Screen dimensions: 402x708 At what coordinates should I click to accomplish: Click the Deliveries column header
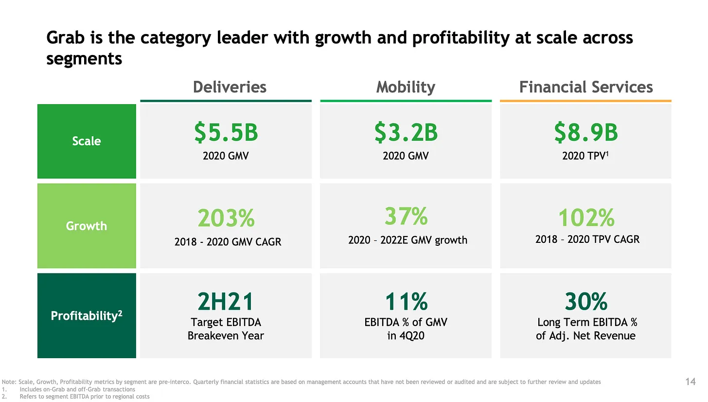click(230, 87)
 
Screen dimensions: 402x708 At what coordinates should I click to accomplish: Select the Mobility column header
click(406, 87)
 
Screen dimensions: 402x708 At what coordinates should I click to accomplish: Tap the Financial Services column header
click(585, 87)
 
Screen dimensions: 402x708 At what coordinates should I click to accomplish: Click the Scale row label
click(87, 141)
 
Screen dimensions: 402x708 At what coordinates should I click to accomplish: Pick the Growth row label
click(87, 226)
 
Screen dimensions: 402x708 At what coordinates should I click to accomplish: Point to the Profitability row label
click(87, 315)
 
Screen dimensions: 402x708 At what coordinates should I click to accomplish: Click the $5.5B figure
click(226, 133)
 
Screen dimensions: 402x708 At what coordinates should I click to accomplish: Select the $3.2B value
click(406, 133)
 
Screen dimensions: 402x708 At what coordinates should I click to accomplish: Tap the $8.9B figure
click(585, 133)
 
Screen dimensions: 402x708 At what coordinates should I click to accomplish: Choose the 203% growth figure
click(226, 219)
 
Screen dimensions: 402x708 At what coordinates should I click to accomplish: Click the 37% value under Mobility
click(406, 216)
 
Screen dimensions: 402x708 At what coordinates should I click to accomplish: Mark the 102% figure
click(585, 218)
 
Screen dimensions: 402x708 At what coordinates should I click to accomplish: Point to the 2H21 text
click(226, 302)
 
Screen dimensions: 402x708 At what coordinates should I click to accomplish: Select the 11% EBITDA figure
click(406, 302)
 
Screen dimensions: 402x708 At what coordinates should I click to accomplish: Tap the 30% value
click(585, 302)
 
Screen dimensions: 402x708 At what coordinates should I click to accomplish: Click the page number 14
click(690, 382)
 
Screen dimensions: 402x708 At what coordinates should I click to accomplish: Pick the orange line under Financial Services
click(585, 101)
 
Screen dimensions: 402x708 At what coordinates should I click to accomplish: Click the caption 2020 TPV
click(584, 156)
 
